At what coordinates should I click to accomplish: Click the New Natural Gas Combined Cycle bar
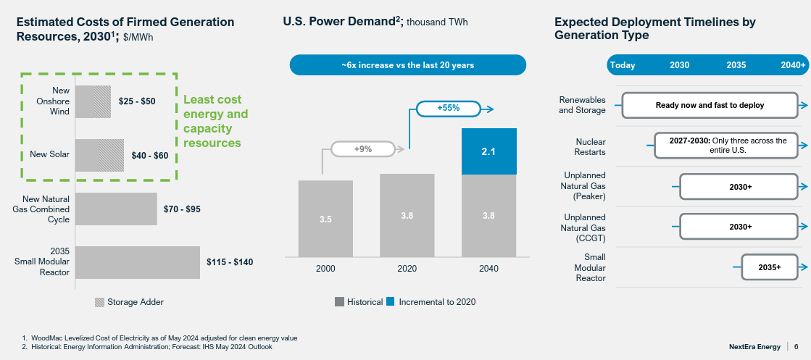[116, 209]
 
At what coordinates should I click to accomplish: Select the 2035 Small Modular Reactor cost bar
[137, 262]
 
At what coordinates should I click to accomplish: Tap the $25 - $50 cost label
[137, 101]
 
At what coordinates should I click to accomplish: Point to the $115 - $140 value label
[230, 262]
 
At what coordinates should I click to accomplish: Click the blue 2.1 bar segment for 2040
[489, 151]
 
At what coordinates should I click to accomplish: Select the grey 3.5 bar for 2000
[325, 218]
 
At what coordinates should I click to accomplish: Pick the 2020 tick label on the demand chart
[407, 269]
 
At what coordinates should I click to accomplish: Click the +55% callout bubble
[449, 109]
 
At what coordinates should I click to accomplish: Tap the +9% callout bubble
[362, 149]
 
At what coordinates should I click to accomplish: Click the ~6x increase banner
[407, 65]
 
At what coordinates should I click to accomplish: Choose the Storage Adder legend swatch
[99, 302]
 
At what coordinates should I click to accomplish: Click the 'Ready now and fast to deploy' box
[710, 105]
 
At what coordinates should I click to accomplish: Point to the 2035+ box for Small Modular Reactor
[769, 267]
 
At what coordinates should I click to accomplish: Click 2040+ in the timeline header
[793, 65]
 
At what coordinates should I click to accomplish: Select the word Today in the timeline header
[623, 65]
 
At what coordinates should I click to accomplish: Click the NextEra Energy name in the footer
[754, 347]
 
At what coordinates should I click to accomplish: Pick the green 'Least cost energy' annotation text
[215, 121]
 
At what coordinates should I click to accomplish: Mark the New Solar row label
[49, 155]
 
